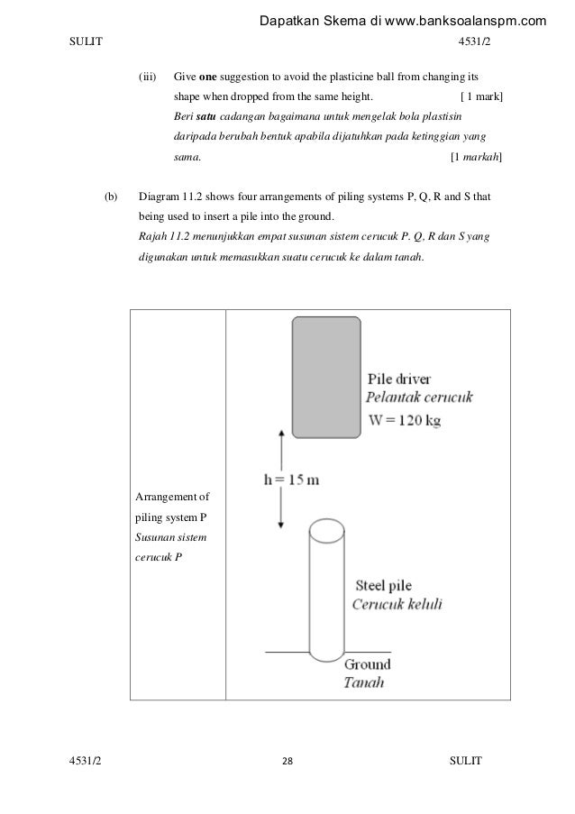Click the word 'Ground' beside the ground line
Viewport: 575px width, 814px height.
coord(368,664)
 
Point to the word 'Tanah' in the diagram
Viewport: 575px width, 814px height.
coord(364,682)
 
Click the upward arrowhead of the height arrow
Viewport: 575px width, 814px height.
coord(282,434)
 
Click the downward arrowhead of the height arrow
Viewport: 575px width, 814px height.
coord(282,525)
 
